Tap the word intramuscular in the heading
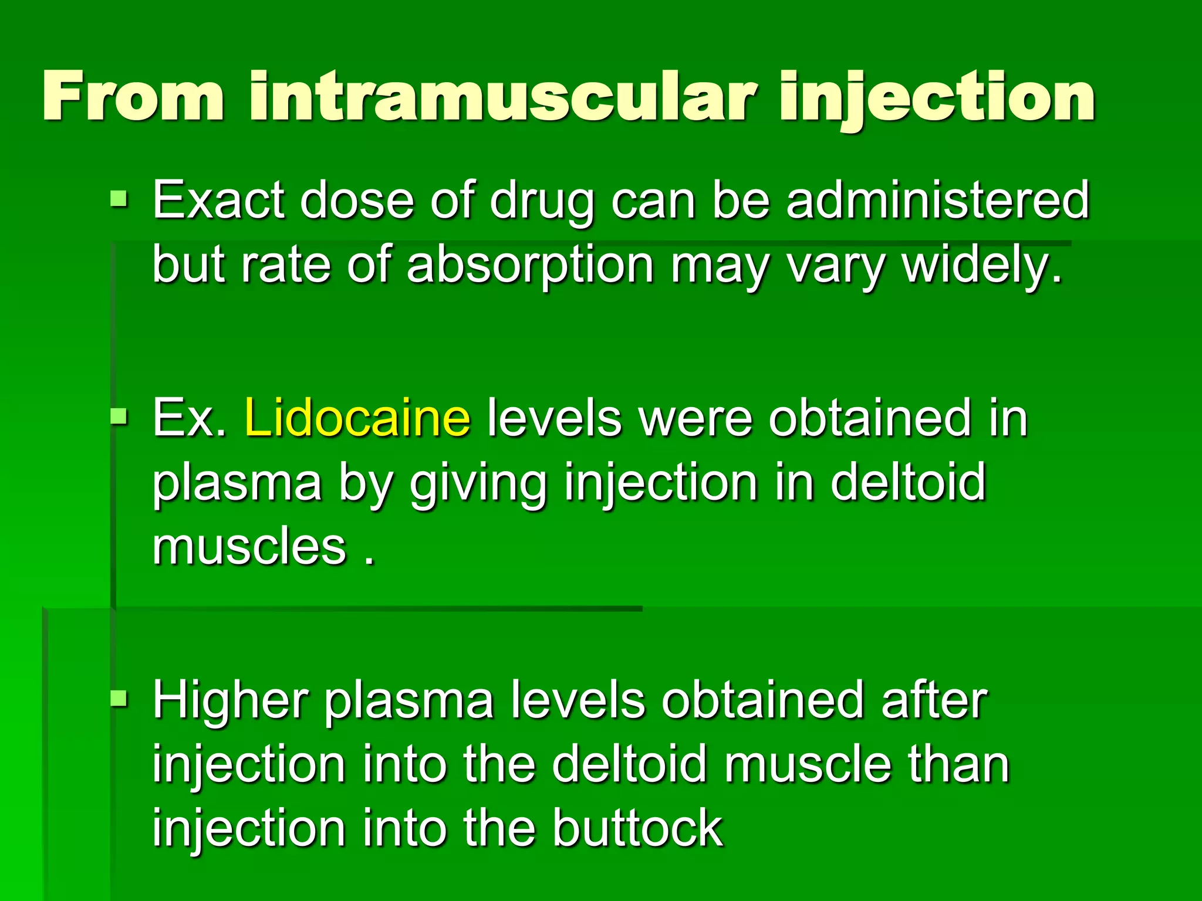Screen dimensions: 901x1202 tap(502, 96)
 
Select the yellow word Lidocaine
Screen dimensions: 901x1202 tap(357, 418)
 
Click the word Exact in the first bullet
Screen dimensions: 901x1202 tap(219, 201)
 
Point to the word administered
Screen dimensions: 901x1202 tap(937, 201)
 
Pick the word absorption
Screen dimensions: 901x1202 tap(530, 265)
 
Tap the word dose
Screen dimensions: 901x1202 tap(356, 201)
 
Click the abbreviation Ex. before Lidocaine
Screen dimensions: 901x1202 tap(190, 418)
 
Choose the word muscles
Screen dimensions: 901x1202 tap(249, 547)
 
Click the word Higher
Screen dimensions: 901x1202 tap(231, 700)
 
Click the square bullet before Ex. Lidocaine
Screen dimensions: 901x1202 tap(119, 416)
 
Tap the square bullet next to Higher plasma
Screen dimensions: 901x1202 tap(119, 697)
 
